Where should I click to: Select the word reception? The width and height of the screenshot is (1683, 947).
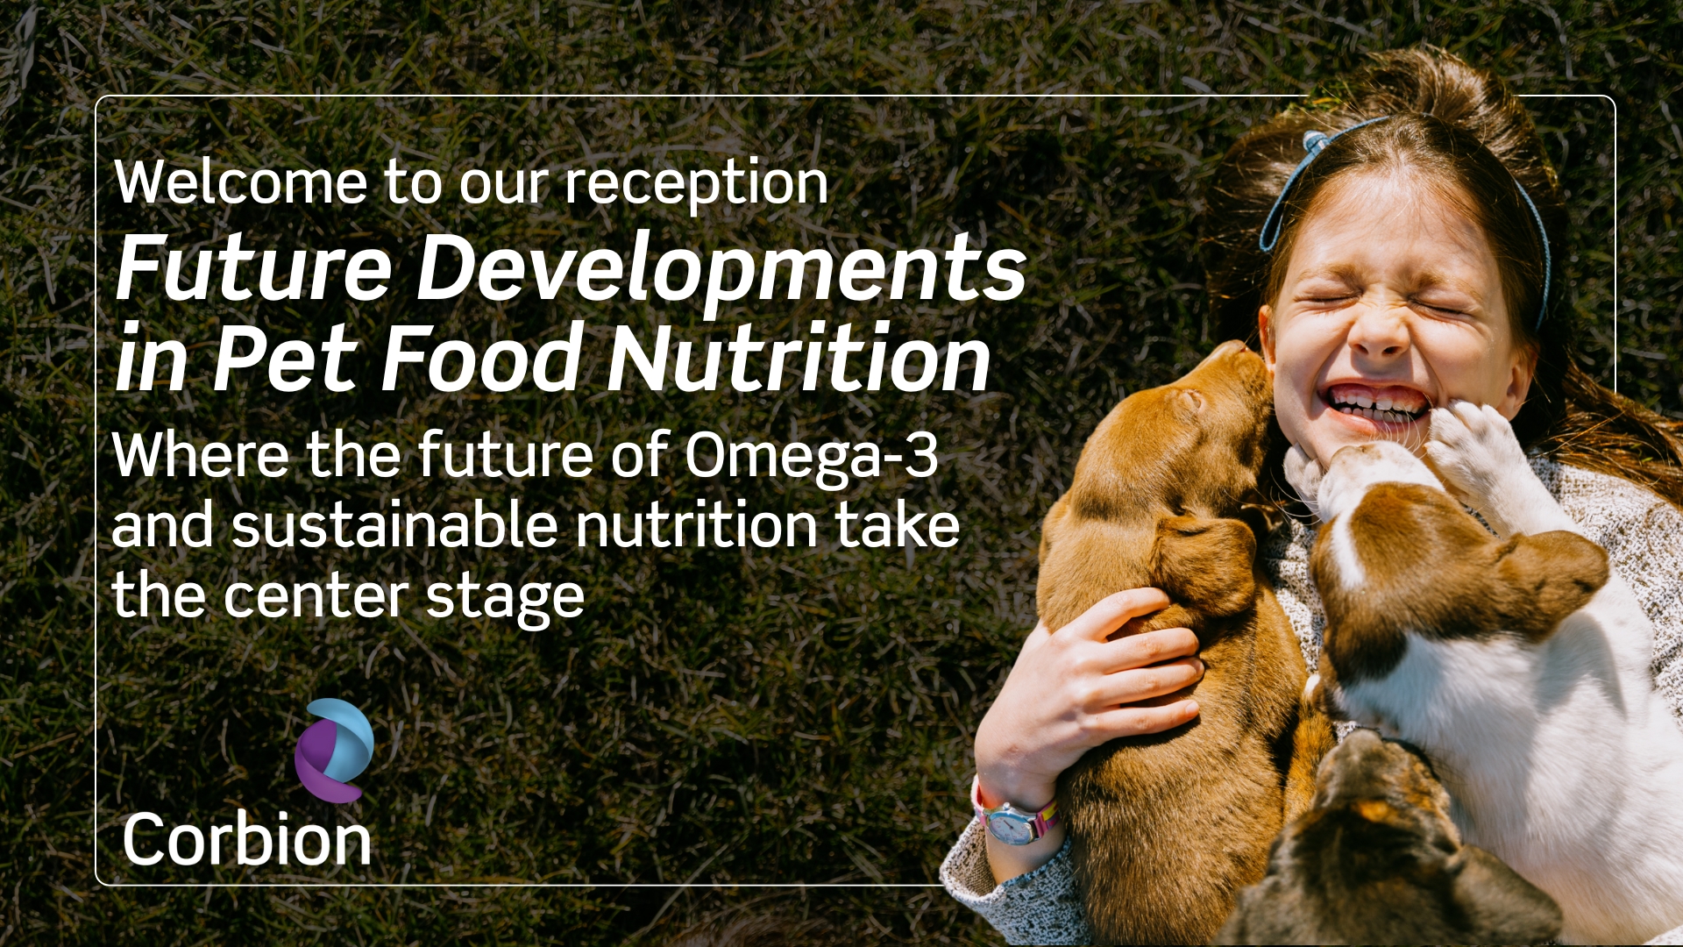click(696, 186)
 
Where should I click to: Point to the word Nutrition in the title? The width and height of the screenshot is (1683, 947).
click(799, 359)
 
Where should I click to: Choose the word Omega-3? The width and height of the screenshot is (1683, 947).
click(811, 456)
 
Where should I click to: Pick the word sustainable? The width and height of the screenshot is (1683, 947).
click(394, 525)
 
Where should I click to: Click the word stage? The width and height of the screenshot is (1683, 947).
click(505, 599)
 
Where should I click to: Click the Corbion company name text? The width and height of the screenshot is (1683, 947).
click(247, 840)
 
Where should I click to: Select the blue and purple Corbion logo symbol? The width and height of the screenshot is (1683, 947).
click(334, 751)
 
